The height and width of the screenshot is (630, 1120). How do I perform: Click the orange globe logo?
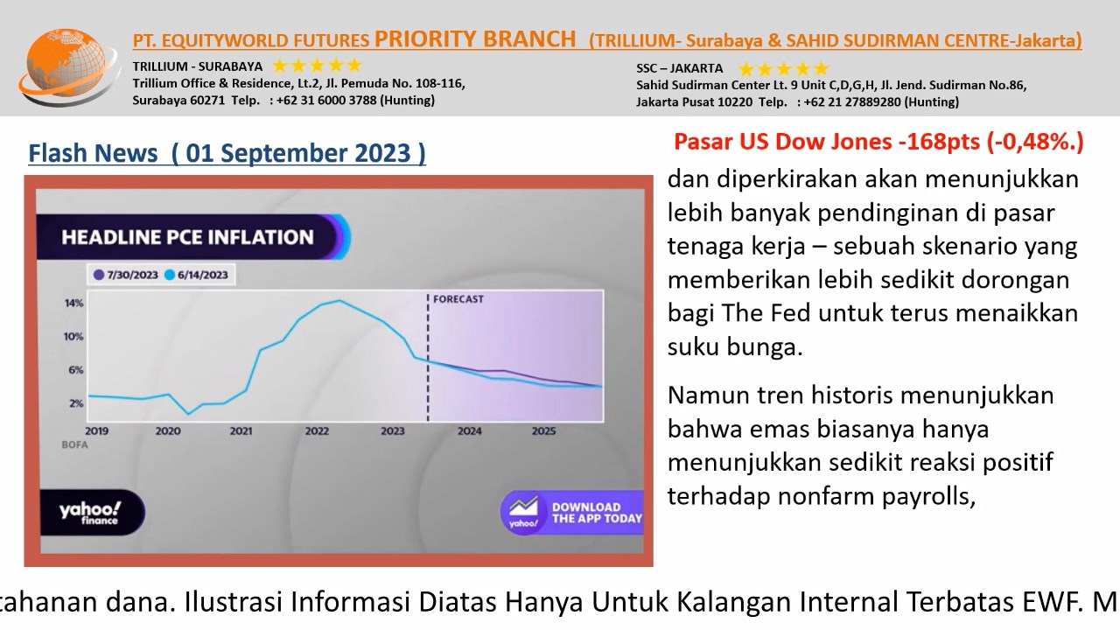pos(69,66)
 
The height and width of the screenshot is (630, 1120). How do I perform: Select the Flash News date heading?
pos(227,153)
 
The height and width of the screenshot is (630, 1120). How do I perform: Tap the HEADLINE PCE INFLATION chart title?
pos(187,237)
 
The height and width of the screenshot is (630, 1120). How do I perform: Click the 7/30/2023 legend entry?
pos(126,275)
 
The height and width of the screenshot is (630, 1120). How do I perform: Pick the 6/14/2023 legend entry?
pos(197,275)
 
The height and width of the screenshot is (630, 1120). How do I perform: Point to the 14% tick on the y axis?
pos(74,303)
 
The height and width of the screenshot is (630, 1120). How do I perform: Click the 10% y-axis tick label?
pos(73,337)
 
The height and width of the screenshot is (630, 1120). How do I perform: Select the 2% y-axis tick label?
pos(76,403)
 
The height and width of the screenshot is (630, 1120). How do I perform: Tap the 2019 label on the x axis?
pos(96,431)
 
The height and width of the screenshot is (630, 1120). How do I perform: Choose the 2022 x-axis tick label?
pos(317,431)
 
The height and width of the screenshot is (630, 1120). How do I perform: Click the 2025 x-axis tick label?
pos(543,431)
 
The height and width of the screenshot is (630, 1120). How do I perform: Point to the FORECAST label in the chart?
pos(458,299)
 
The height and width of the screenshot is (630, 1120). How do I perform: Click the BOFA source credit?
pos(74,445)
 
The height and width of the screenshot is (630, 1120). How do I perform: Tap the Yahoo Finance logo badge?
pos(92,513)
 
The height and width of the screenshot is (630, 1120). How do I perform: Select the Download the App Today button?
pos(572,513)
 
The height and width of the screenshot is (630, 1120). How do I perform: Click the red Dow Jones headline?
pos(878,142)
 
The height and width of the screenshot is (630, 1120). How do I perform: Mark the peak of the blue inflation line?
pos(339,300)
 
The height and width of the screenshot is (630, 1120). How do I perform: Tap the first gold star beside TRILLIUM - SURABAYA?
pos(279,66)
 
